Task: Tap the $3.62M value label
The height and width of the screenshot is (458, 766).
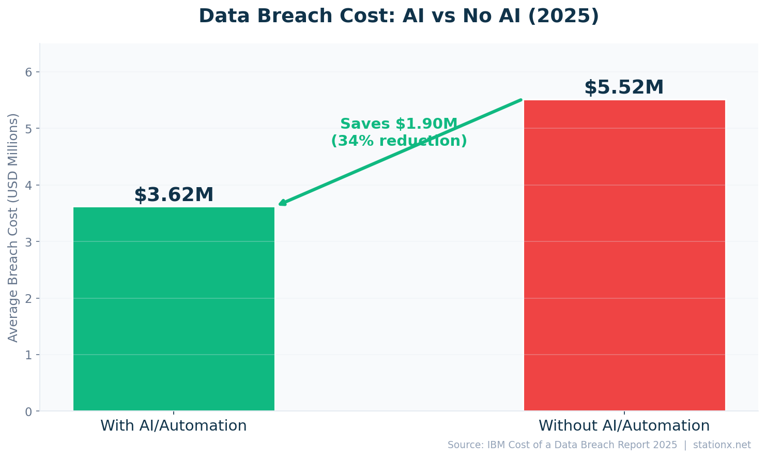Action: coord(174,195)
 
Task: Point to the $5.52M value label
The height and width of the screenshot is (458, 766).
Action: coord(624,87)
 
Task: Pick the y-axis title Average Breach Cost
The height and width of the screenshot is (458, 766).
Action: coord(13,227)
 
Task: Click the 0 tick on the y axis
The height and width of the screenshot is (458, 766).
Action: coord(28,411)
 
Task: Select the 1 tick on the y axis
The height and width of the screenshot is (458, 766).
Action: coord(28,355)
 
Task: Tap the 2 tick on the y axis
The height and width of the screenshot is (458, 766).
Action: coord(28,298)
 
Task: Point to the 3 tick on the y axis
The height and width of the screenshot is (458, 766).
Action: coord(28,242)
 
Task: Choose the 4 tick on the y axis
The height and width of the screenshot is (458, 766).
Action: coord(28,185)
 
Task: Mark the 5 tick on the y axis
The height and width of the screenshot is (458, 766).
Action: coord(28,128)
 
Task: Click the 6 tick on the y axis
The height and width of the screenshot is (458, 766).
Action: coord(28,72)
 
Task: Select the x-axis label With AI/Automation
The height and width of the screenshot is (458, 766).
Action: coord(174,426)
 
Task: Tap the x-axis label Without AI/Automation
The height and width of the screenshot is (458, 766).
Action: coord(624,426)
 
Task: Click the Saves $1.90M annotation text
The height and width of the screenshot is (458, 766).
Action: coord(399,124)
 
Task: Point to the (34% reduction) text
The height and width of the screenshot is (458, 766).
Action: coord(399,141)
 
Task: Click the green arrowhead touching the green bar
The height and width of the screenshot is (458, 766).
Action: coord(282,204)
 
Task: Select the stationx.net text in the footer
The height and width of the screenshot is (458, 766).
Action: coord(722,445)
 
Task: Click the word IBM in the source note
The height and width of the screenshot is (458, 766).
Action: coord(496,445)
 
